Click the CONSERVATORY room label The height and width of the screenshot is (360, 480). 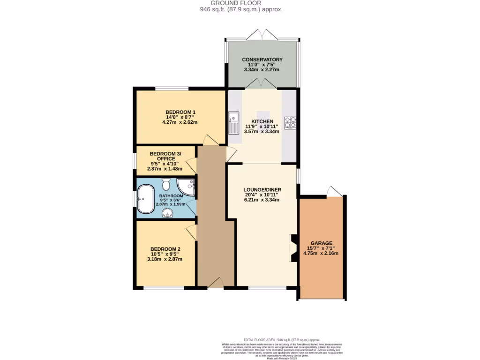tap(262, 60)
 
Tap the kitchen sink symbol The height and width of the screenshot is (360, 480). tap(233, 123)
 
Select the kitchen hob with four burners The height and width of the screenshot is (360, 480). tap(291, 122)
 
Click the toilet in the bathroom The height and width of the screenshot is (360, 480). tap(166, 184)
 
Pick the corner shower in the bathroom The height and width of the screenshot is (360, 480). tap(187, 187)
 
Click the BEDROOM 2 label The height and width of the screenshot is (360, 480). tap(165, 249)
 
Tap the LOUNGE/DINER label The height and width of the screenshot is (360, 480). tap(262, 189)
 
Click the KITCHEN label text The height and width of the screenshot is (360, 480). tap(262, 121)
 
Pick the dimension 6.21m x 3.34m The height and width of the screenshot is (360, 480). tap(262, 200)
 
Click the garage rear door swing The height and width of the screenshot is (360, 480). tap(334, 192)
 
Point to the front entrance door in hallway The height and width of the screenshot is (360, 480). tap(216, 282)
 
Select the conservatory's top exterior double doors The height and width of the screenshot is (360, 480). tap(262, 35)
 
